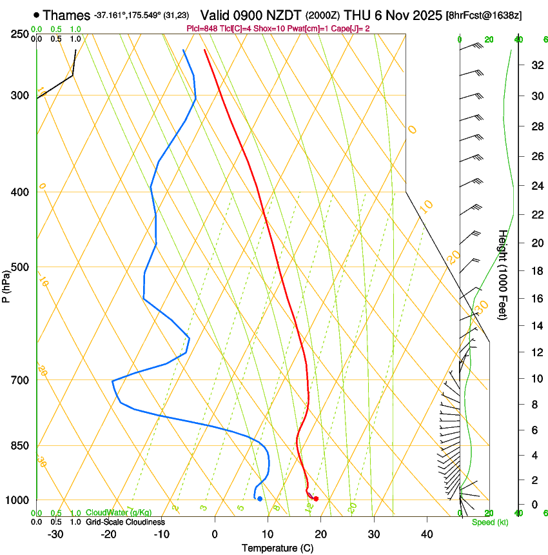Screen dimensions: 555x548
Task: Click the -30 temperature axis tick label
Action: click(x=55, y=534)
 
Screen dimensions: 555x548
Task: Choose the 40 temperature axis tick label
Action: click(x=426, y=534)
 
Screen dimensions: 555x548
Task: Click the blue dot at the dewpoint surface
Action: click(x=260, y=499)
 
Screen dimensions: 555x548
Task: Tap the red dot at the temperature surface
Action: click(x=316, y=499)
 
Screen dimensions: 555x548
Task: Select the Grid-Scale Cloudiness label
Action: click(x=125, y=521)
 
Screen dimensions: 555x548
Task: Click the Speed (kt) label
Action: click(x=489, y=521)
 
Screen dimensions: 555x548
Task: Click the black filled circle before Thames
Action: click(x=36, y=14)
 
